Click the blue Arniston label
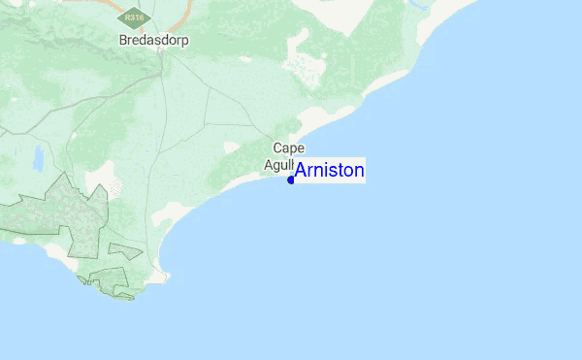click(x=330, y=171)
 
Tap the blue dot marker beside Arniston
click(x=291, y=180)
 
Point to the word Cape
click(x=288, y=147)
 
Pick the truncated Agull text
click(x=279, y=164)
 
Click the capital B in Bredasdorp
click(x=122, y=41)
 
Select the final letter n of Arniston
click(x=359, y=172)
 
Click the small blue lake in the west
click(x=38, y=156)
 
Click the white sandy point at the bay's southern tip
click(x=161, y=275)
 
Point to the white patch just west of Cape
click(x=231, y=147)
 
